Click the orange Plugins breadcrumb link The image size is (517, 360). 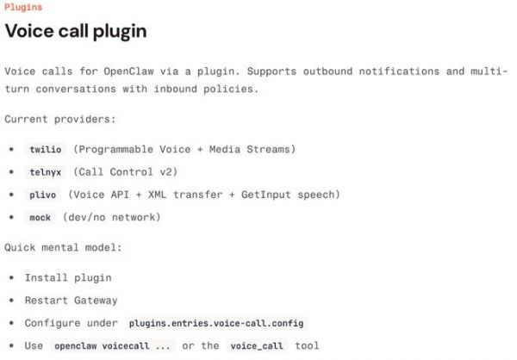23,7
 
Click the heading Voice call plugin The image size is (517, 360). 76,31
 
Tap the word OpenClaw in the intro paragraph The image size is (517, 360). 128,71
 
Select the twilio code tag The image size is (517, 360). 46,149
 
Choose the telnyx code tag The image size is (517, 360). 46,172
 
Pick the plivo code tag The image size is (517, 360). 42,195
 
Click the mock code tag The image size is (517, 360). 40,218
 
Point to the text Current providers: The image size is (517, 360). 60,119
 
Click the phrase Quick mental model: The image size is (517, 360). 63,247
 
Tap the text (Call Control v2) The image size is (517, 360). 125,171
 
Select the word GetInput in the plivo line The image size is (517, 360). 266,195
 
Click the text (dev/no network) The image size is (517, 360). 111,217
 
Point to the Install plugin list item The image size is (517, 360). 68,277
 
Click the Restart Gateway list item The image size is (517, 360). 71,301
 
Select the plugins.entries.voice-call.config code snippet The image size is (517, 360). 216,323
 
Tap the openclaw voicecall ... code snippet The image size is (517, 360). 112,346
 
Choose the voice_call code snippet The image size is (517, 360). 257,346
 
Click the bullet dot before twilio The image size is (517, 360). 11,149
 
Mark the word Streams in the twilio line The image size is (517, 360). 268,149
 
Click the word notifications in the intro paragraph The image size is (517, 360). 399,71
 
